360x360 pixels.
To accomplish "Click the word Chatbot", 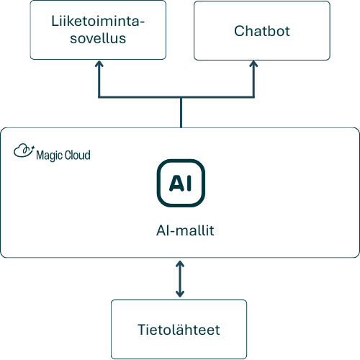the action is point(262,31).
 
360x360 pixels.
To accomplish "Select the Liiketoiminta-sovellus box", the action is point(98,30).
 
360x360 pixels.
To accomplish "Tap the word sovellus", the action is point(98,38).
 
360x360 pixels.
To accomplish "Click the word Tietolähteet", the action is point(179,330).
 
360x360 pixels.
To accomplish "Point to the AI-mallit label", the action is point(185,230).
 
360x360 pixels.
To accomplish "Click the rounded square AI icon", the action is point(181,183).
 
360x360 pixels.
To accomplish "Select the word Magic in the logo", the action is point(50,156).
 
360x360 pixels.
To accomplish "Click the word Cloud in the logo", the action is point(78,155).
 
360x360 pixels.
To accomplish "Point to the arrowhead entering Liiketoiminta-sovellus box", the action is point(99,63).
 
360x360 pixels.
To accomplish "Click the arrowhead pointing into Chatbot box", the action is point(253,63).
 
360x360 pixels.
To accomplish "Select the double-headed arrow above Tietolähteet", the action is point(180,279).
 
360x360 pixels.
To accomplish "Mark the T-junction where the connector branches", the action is point(181,97).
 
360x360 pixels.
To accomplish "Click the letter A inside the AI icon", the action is point(176,183).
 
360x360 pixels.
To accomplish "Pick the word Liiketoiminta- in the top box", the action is point(98,21).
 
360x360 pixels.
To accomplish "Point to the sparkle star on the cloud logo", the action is point(33,147).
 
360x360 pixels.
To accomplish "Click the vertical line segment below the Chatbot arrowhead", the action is point(253,81).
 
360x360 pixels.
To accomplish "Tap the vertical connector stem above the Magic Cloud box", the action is point(181,113).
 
